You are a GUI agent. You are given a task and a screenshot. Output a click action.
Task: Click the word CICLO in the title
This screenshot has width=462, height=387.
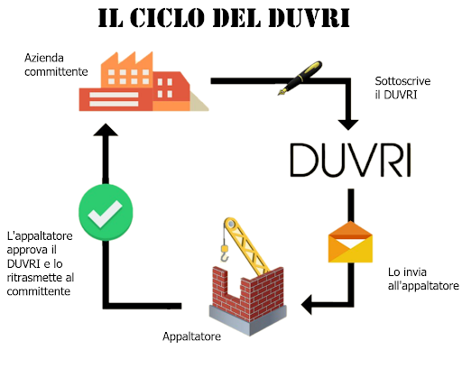pos(168,18)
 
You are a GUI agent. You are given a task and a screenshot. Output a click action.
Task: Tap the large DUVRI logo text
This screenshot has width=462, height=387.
pos(350,160)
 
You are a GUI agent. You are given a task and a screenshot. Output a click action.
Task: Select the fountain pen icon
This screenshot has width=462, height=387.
pos(300,78)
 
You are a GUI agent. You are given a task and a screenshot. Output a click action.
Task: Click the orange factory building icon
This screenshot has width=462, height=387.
pos(143,81)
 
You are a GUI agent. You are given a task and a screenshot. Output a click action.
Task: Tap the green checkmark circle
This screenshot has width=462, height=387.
pos(106,212)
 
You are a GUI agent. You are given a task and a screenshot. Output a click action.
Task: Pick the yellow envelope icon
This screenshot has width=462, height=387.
pos(350,242)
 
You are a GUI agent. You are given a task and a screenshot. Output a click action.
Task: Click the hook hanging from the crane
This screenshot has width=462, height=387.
pos(224,253)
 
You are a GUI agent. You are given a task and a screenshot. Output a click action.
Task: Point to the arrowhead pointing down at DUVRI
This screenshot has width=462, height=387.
pos(348,124)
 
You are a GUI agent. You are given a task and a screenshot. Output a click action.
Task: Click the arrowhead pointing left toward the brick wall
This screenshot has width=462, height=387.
pos(306,305)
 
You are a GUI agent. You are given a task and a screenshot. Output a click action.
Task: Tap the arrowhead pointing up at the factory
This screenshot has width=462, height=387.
pos(106,130)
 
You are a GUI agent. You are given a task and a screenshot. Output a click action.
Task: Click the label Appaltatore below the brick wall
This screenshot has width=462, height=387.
pos(191,336)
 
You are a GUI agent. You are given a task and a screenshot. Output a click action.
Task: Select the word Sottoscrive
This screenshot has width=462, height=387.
pos(402,81)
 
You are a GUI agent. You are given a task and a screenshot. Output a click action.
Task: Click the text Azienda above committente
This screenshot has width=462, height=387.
pos(44,58)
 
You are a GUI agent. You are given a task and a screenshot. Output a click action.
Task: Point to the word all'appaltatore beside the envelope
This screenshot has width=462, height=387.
pos(423,286)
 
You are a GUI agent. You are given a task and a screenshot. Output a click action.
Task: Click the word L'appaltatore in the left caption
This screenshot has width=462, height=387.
pos(40,236)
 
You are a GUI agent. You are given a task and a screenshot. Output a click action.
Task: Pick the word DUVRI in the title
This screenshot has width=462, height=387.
pos(309,18)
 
